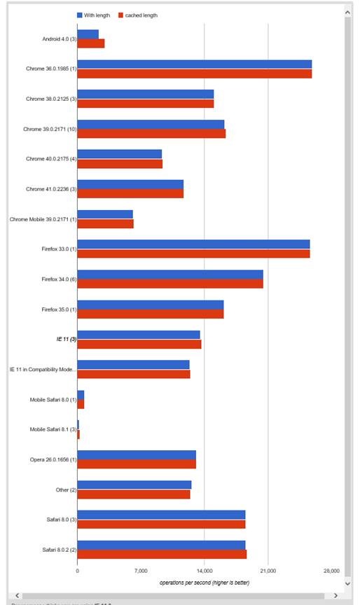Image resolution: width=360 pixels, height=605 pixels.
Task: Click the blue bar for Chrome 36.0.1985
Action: point(194,64)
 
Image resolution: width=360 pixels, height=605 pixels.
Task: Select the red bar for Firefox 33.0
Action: point(193,253)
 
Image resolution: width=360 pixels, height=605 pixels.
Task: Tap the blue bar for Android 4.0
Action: point(88,34)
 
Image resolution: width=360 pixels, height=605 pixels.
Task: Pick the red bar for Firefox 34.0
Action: point(170,284)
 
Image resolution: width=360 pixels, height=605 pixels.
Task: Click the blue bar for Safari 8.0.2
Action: point(161,545)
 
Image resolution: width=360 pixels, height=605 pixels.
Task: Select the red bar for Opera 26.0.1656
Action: point(137,464)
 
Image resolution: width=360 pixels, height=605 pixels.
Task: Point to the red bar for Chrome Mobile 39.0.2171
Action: point(105,224)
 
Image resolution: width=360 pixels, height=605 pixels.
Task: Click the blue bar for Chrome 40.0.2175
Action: point(119,154)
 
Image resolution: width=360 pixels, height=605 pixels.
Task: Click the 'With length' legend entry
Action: point(93,15)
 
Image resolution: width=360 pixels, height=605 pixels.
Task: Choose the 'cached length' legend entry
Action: point(137,15)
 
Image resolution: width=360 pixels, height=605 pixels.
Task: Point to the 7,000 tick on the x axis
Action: point(141,571)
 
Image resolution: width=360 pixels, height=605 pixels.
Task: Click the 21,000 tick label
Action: point(268,571)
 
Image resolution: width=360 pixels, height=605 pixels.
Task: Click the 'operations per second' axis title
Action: point(204,583)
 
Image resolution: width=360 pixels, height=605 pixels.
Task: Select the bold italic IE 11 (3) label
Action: point(66,339)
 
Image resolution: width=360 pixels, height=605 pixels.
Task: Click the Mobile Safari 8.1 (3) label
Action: point(53,429)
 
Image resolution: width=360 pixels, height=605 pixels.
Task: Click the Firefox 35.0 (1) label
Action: point(58,309)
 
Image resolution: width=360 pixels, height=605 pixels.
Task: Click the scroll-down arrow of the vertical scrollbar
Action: point(348,582)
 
